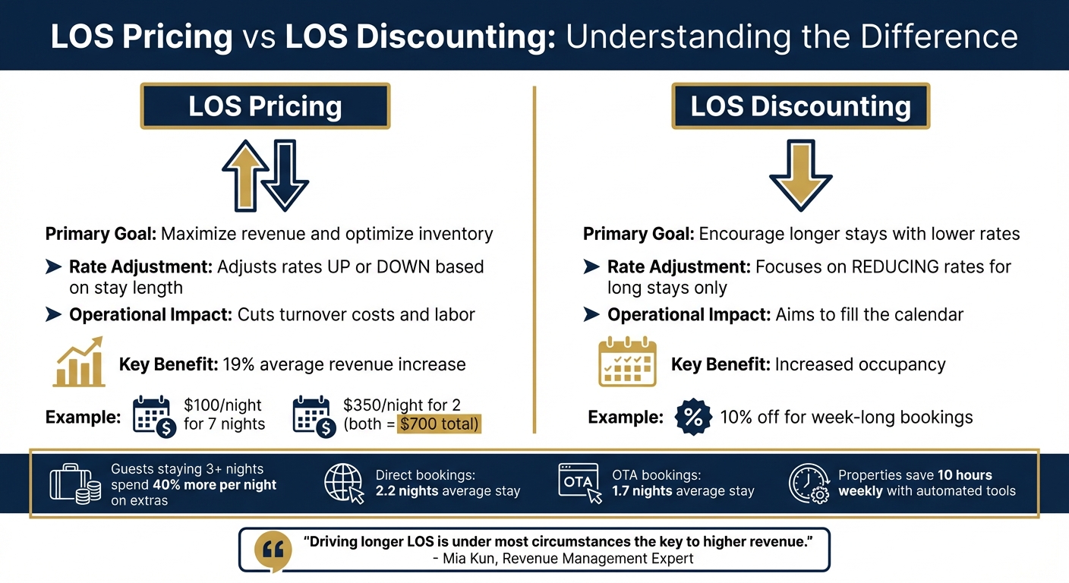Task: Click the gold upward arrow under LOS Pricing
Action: point(245,175)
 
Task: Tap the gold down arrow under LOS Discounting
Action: point(800,175)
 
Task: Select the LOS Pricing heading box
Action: point(265,106)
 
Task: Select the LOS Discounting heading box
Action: point(800,106)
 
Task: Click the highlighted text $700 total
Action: point(440,424)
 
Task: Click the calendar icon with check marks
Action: point(627,363)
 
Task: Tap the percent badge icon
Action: point(693,417)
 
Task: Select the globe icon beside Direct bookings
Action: point(344,483)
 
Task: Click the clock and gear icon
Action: point(809,483)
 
